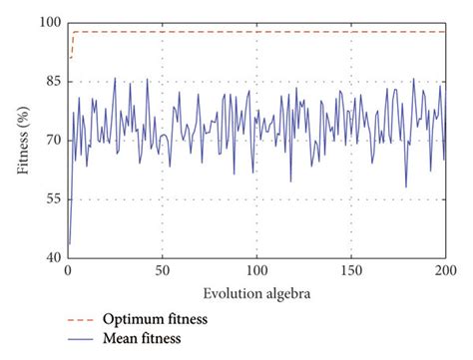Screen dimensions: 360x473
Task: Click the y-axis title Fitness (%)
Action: tap(22, 140)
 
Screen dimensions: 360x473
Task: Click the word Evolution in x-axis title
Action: tap(231, 294)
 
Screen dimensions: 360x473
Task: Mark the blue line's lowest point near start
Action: tap(69, 243)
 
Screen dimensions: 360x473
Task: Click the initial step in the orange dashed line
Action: tap(72, 45)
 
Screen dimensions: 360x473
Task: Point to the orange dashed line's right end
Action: tap(445, 32)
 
